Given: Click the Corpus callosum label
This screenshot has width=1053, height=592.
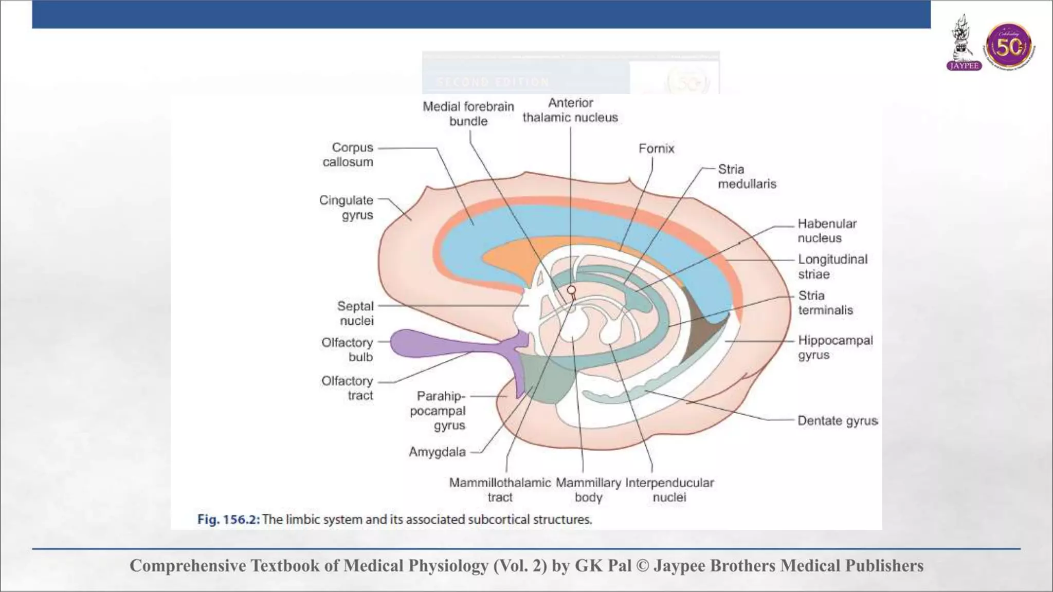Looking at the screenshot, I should coord(348,155).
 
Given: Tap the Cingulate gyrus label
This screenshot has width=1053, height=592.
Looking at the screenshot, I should coord(347,208).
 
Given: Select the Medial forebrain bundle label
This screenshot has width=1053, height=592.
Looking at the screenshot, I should coord(468,114).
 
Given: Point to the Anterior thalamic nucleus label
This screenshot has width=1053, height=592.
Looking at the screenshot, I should coord(570,110).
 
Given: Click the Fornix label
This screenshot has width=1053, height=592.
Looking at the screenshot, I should coord(656,149).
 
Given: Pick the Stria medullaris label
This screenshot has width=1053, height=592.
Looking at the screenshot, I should coord(747,176).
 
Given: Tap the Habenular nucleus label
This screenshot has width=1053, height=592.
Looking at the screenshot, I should coord(827,231).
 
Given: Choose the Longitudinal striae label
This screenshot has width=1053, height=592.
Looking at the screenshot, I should coord(832,266).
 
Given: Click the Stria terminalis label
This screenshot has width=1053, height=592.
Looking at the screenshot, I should coord(825,303).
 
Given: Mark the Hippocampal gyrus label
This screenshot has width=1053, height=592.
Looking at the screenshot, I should coord(835,347).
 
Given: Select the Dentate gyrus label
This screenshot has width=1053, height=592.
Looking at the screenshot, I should coord(838,421).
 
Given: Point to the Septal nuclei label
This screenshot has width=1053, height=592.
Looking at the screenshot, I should coord(355,313).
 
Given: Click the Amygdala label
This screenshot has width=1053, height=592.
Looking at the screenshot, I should coord(437,452).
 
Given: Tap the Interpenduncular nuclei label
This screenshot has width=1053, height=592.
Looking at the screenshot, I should coord(669,490).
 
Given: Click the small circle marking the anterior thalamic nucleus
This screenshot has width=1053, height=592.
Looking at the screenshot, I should coord(571,291).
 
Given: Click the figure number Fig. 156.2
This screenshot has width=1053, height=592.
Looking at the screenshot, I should coord(228,520).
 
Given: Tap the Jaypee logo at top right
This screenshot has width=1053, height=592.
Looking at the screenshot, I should coord(964,44).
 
